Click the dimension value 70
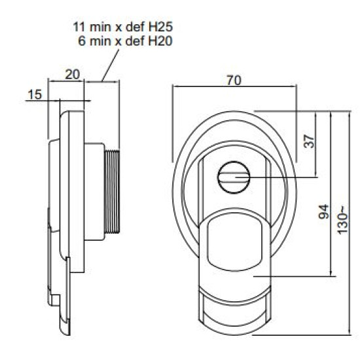pyautogui.click(x=234, y=81)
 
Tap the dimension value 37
pyautogui.click(x=309, y=141)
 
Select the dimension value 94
pyautogui.click(x=324, y=211)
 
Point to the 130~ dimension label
pyautogui.click(x=342, y=221)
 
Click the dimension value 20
pyautogui.click(x=72, y=75)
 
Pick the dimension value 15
pyautogui.click(x=35, y=94)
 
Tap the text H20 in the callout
pyautogui.click(x=160, y=41)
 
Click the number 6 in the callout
pyautogui.click(x=82, y=41)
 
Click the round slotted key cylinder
pyautogui.click(x=234, y=177)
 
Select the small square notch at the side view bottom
pyautogui.click(x=56, y=300)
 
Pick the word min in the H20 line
pyautogui.click(x=101, y=41)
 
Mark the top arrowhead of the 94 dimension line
pyautogui.click(x=331, y=114)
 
